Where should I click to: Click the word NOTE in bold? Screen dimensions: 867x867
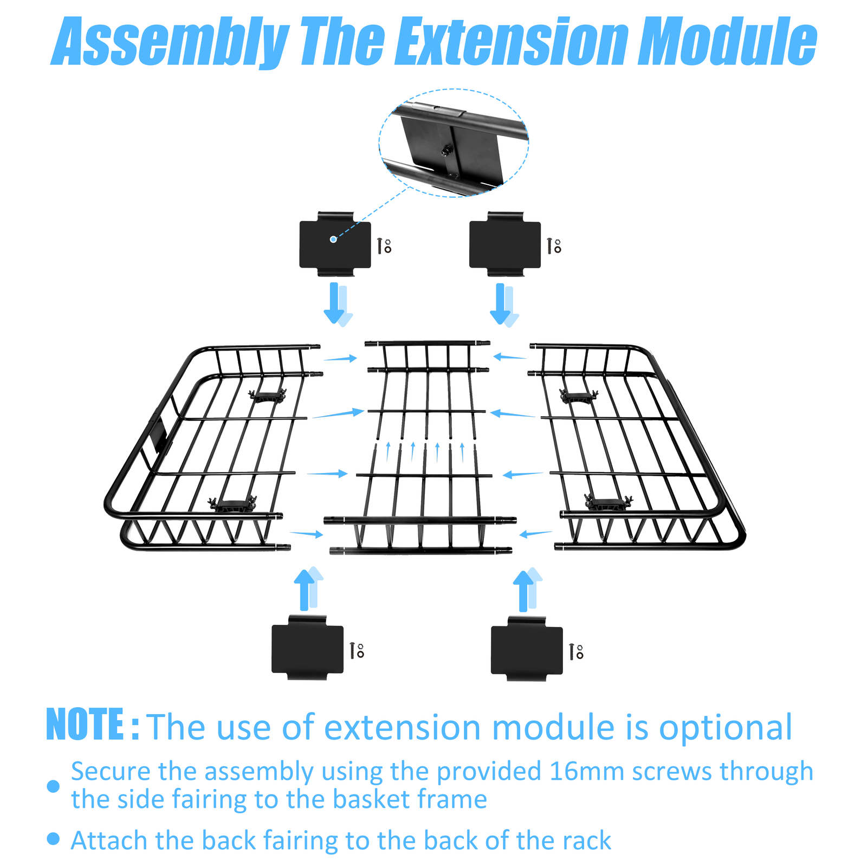(85, 724)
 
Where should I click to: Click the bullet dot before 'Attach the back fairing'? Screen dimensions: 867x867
(53, 839)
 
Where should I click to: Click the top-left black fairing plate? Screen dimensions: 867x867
(335, 244)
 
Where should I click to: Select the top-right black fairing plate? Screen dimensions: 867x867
(504, 244)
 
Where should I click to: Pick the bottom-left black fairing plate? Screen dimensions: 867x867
(307, 648)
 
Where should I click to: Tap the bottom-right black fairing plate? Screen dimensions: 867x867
(527, 649)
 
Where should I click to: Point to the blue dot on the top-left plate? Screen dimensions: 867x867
(333, 239)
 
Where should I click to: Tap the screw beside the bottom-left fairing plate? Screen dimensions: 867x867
(352, 650)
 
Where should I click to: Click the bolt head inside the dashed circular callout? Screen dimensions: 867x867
(448, 150)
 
